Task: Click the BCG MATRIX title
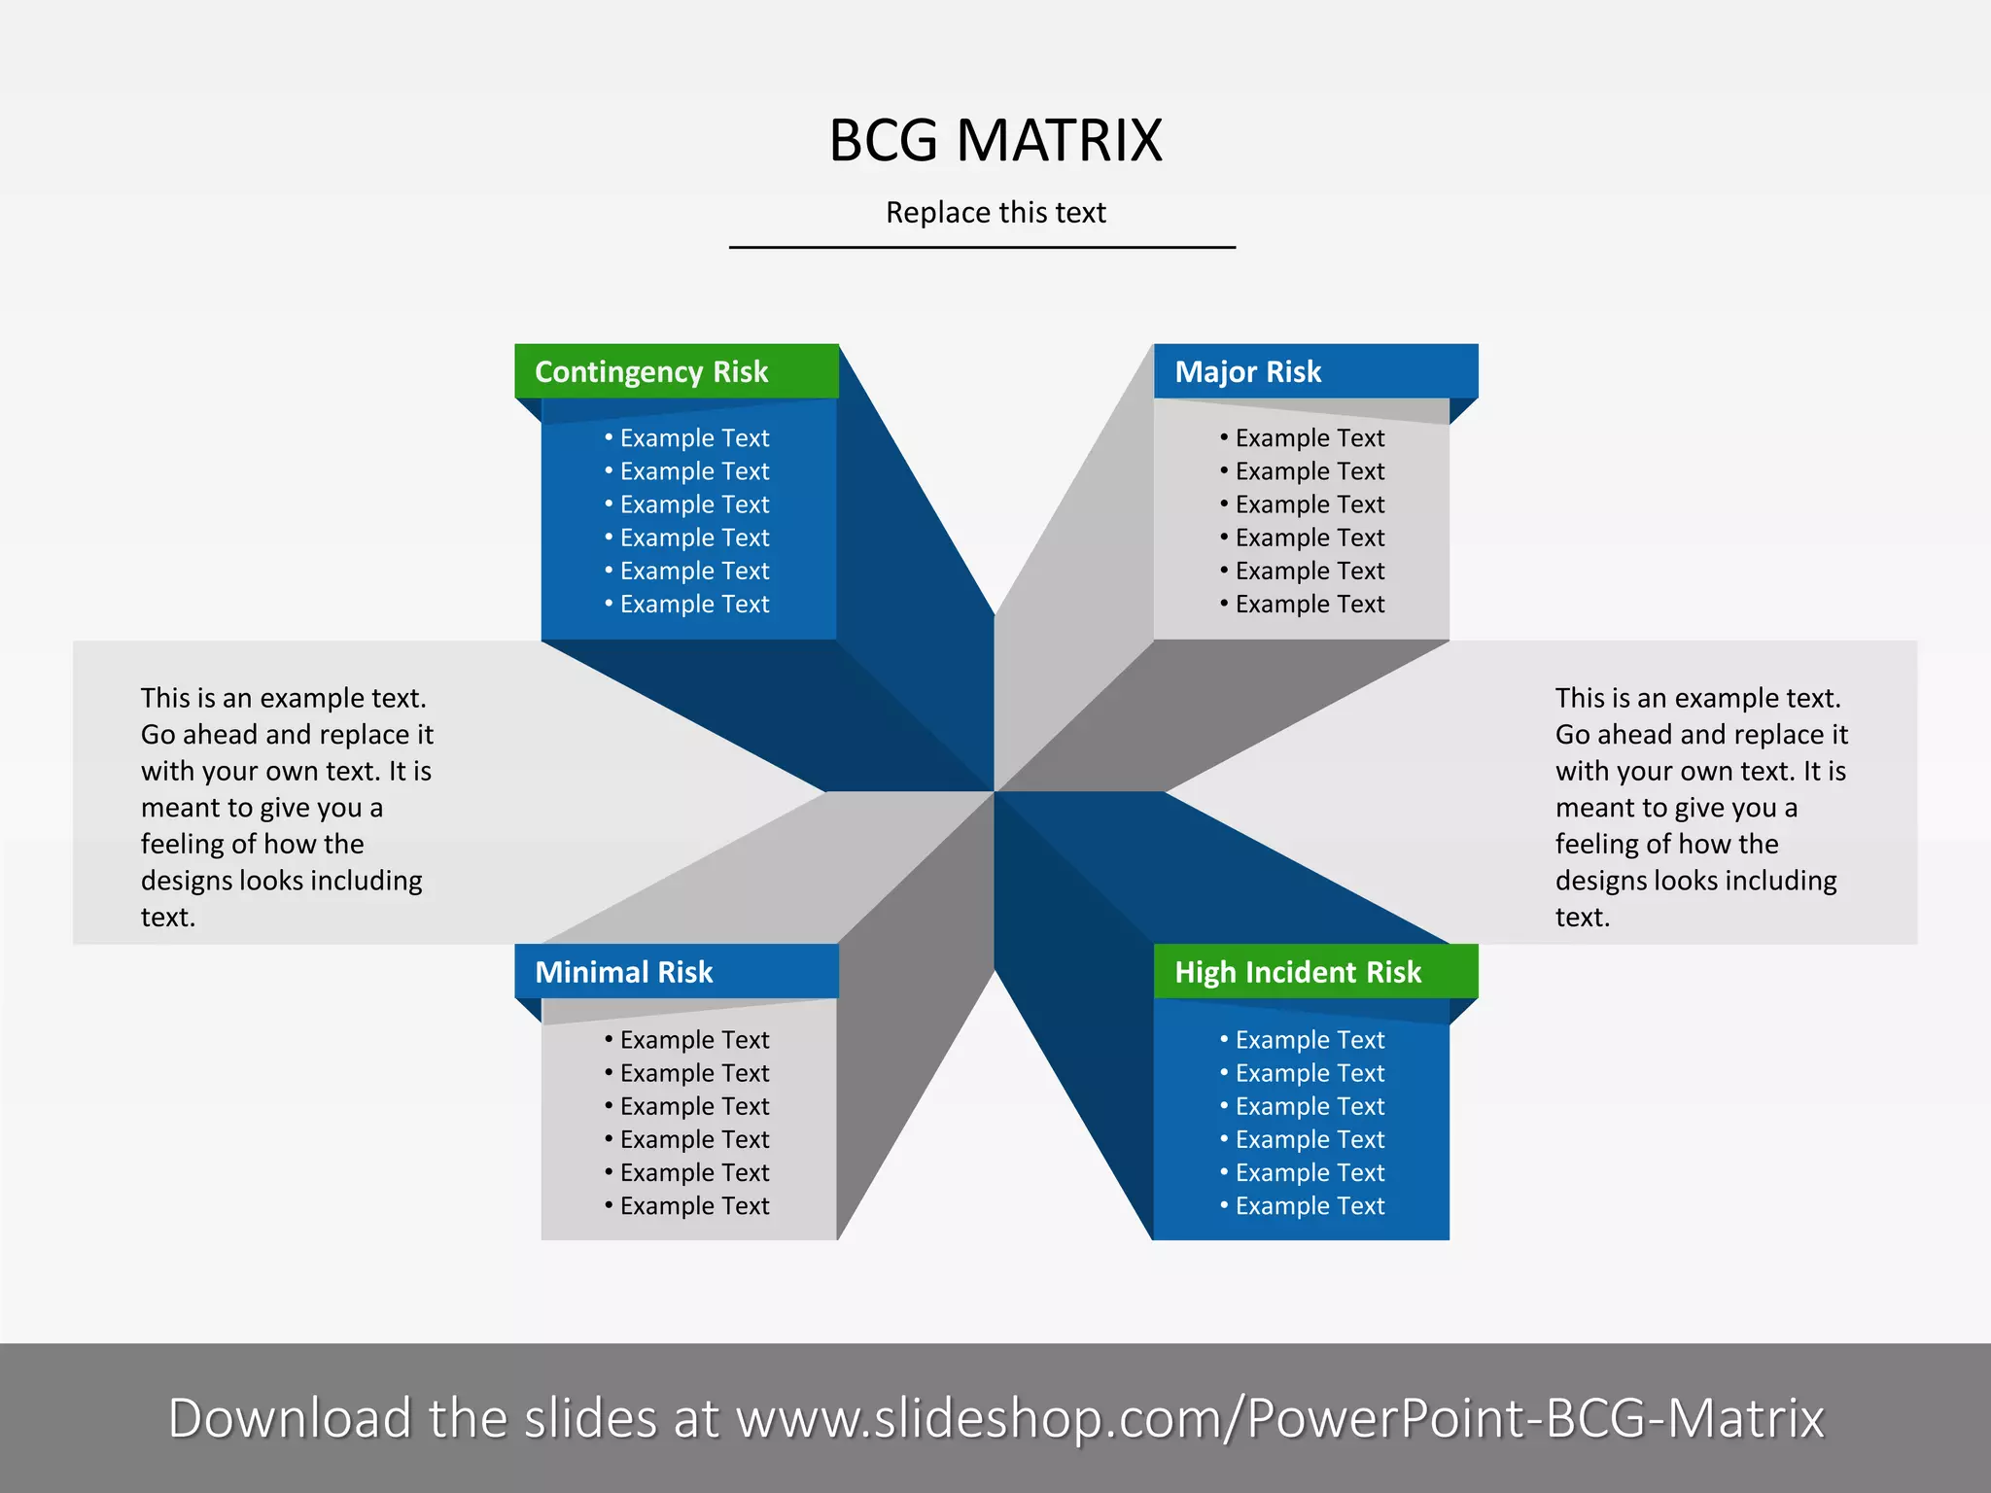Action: [995, 140]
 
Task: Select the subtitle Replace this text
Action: [995, 212]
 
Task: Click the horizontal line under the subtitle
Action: [982, 248]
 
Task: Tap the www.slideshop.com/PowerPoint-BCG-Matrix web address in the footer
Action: [1279, 1419]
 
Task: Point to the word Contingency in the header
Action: [619, 372]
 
